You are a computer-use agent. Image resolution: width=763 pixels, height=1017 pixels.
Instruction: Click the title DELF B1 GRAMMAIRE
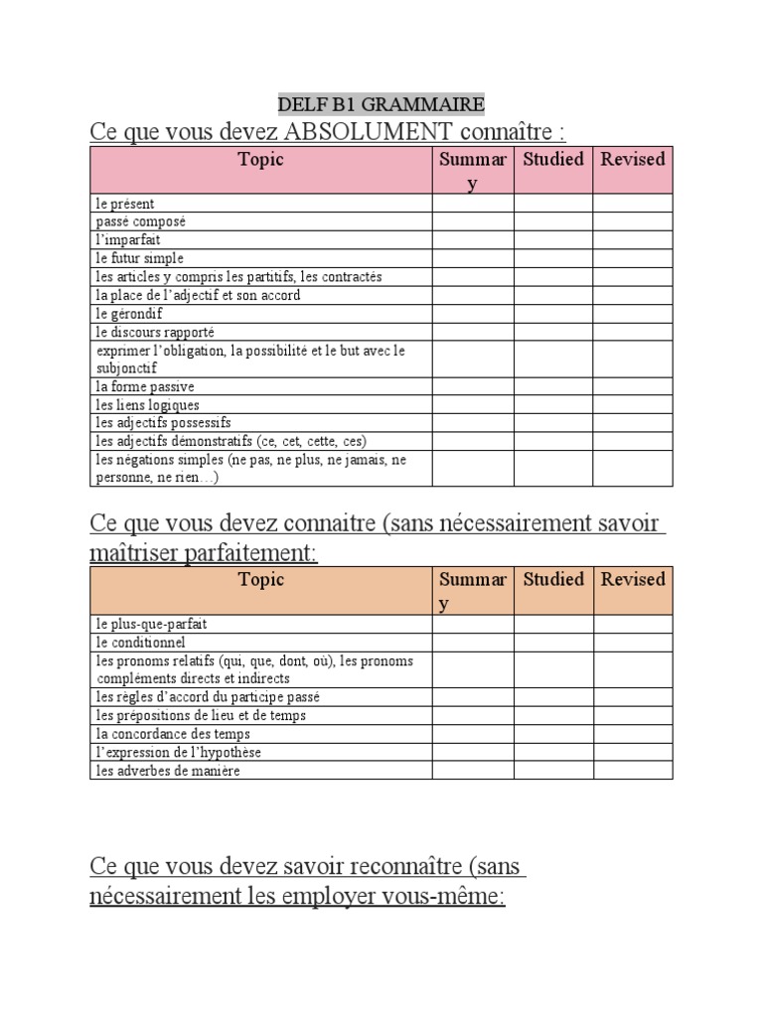[381, 103]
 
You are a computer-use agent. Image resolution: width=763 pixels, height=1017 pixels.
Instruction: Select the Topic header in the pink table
[260, 159]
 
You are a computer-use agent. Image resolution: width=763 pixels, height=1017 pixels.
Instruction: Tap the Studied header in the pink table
[553, 159]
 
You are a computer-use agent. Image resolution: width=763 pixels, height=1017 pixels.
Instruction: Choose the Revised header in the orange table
[633, 579]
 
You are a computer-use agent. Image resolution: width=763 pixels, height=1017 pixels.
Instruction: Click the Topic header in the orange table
[260, 579]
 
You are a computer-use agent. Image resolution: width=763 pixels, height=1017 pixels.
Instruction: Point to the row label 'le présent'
[125, 204]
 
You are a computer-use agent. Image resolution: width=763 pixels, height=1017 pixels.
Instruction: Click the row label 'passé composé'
[141, 221]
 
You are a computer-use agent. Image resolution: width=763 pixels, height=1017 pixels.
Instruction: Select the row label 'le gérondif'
[130, 313]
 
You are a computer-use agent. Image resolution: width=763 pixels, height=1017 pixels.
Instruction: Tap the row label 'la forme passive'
[145, 386]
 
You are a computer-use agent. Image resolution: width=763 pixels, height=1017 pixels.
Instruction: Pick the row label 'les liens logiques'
[147, 405]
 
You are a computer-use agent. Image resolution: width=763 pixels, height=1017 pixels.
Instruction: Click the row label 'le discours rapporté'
[155, 332]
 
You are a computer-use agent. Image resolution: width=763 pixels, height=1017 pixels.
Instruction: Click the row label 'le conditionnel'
[140, 643]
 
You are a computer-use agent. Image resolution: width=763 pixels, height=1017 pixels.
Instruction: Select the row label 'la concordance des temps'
[173, 734]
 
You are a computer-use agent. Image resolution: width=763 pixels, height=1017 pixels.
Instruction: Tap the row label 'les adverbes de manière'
[168, 771]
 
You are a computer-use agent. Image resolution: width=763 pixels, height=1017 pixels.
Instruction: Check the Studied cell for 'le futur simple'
[553, 258]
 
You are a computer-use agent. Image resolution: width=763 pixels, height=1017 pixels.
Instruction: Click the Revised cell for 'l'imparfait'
[633, 239]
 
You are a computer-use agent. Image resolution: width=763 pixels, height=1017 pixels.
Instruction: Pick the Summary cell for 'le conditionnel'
[473, 643]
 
